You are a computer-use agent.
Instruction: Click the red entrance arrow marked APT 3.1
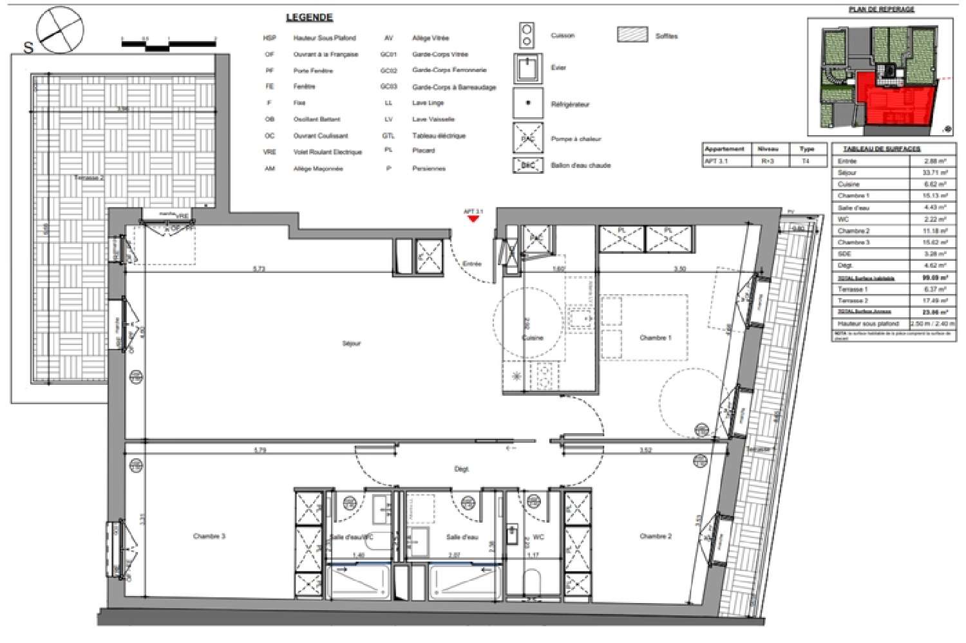tap(473, 219)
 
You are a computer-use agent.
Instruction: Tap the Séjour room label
tap(352, 343)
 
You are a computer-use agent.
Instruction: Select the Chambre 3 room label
tap(209, 536)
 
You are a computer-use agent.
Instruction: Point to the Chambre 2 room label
tap(656, 536)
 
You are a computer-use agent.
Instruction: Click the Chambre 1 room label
tap(656, 337)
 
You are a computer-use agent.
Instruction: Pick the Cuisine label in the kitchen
tap(533, 337)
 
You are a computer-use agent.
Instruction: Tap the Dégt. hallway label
tap(461, 469)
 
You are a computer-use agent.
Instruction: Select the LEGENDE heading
tap(310, 17)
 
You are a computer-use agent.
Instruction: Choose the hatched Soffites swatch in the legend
tap(632, 35)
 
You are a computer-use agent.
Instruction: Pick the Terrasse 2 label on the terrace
tap(89, 178)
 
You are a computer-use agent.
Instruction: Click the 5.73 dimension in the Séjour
tap(259, 269)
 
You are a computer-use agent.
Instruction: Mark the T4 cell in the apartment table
tap(806, 162)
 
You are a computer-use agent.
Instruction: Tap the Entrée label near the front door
tap(472, 264)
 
